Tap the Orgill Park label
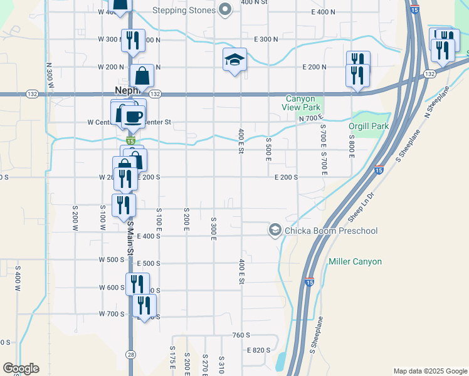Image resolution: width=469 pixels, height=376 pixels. point(369,126)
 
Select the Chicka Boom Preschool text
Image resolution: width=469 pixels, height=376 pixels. point(331,231)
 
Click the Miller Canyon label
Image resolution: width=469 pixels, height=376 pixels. point(355,261)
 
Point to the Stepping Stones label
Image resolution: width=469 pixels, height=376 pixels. point(186,10)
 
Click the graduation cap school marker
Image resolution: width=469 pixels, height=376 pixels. point(235,60)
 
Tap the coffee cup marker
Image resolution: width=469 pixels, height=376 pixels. point(133,116)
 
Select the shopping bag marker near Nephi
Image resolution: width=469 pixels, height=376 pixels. point(142,76)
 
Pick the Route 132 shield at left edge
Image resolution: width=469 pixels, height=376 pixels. point(31,94)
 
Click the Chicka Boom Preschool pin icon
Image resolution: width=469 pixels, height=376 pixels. point(275,231)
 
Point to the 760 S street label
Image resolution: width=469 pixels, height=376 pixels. point(241,335)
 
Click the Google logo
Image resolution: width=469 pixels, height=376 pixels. point(21,368)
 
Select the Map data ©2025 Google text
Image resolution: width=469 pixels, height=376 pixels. point(429,371)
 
